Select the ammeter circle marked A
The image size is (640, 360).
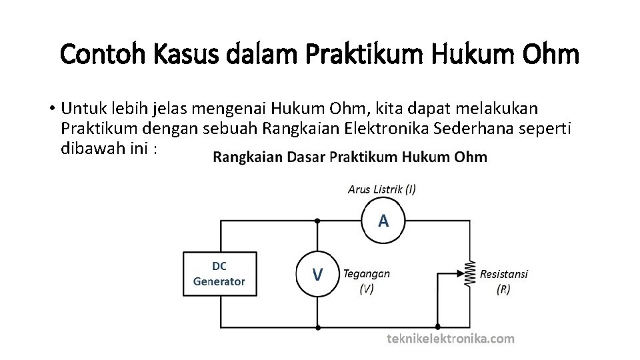[383, 221]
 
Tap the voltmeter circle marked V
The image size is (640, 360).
[318, 273]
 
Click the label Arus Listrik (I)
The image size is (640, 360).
[382, 189]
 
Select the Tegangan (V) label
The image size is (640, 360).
[367, 281]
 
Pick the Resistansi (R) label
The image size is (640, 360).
[504, 281]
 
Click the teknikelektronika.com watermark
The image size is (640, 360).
[451, 339]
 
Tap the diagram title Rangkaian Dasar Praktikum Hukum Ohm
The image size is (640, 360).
[350, 157]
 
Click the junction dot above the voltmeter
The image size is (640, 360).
[317, 221]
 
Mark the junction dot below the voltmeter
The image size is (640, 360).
[317, 327]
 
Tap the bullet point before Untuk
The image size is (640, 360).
[51, 108]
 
